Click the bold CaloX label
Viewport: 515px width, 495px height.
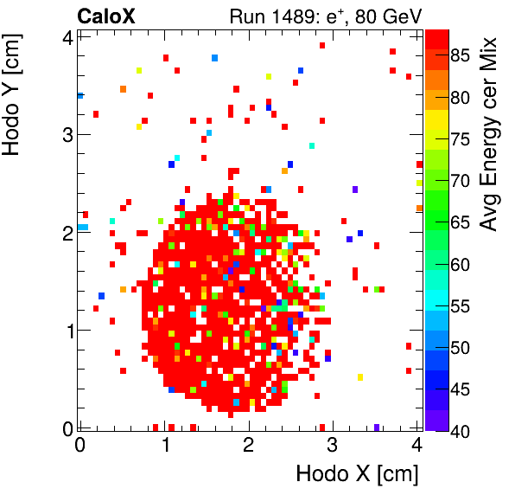[107, 15]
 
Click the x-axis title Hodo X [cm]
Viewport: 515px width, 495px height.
[357, 474]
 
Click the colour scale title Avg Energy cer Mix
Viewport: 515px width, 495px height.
[489, 133]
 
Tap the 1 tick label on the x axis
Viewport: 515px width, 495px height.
[164, 445]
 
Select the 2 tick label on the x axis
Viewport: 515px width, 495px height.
[249, 445]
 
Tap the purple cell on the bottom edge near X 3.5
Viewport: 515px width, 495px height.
[377, 427]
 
